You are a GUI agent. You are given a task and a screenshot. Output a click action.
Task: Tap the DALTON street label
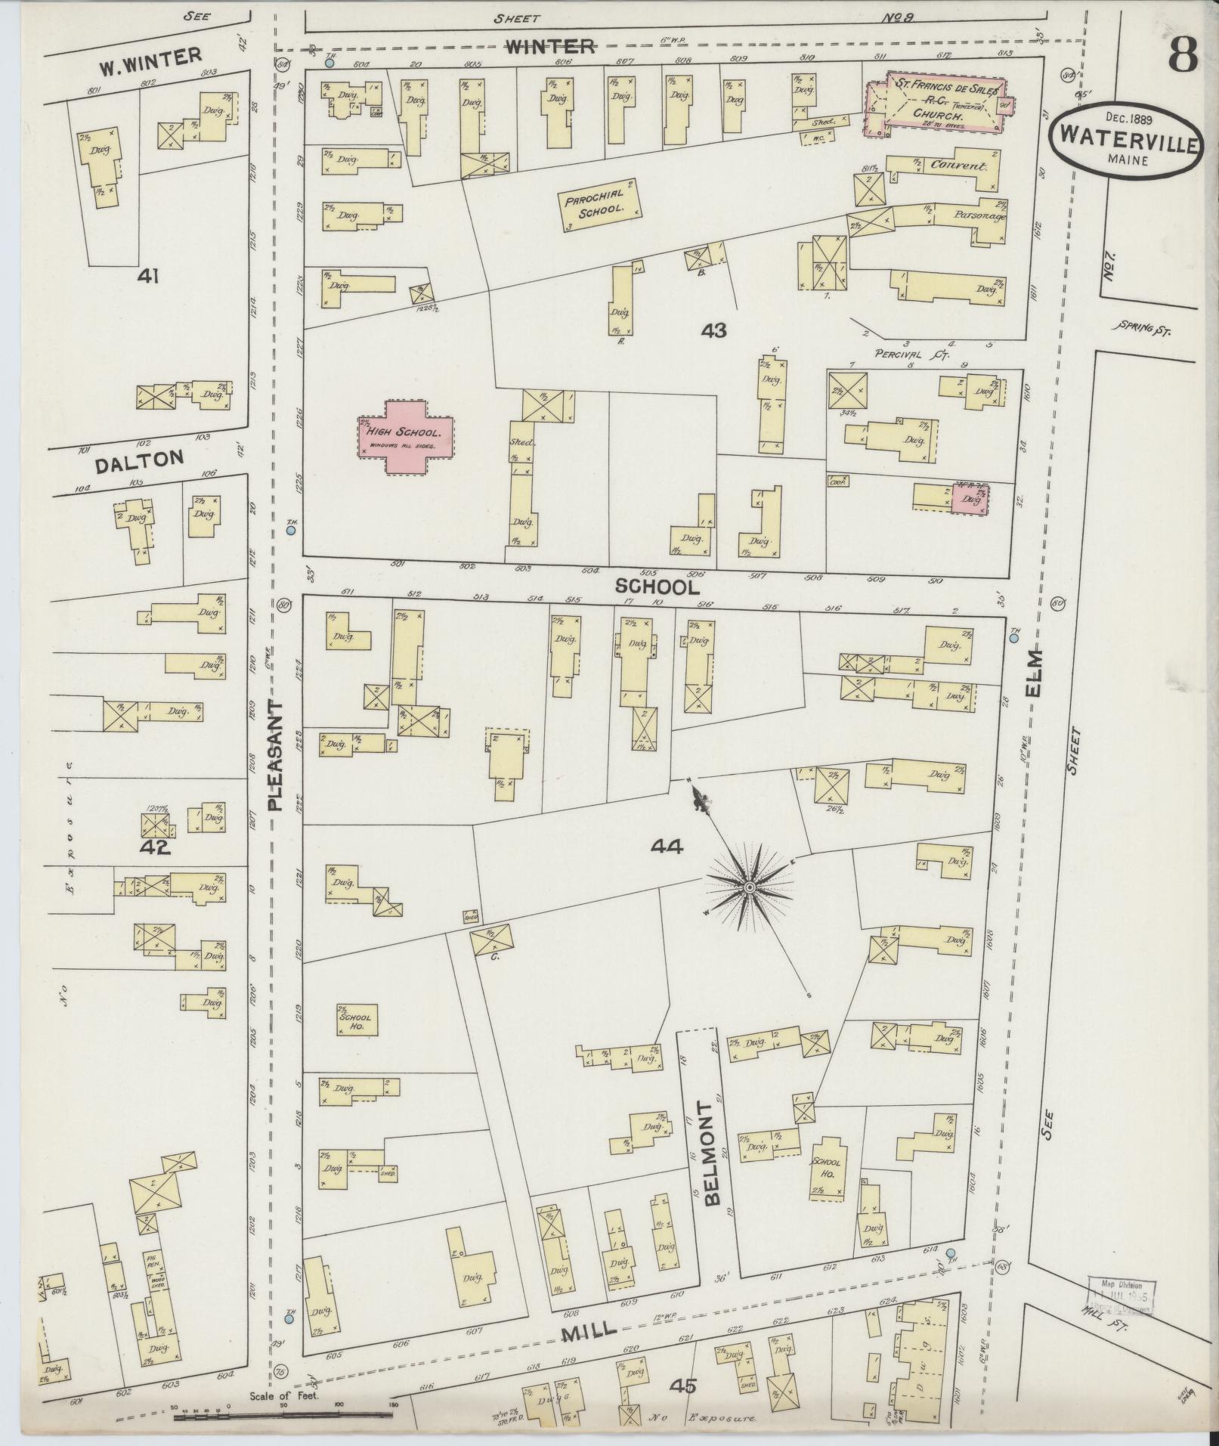click(x=138, y=461)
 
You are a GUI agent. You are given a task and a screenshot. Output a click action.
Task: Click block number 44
click(x=666, y=848)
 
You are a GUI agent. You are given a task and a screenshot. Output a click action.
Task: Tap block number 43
click(x=713, y=330)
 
